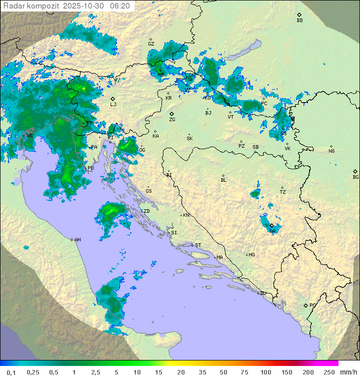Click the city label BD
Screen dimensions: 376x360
click(299, 21)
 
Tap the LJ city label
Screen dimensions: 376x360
click(113, 105)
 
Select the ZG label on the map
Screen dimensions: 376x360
click(172, 120)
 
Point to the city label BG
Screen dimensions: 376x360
click(355, 177)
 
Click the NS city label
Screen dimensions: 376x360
click(331, 151)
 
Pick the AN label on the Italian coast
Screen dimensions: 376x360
click(77, 240)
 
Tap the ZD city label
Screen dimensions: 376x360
click(146, 211)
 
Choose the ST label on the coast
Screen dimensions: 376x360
click(198, 245)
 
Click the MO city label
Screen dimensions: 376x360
click(251, 255)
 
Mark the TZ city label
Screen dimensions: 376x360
click(283, 192)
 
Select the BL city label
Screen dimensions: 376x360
click(223, 180)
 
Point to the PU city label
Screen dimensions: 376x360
click(90, 168)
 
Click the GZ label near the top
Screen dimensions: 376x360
click(151, 44)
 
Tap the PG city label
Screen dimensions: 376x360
click(312, 305)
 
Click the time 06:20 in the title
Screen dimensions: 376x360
click(120, 6)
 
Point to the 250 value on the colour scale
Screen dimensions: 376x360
click(329, 372)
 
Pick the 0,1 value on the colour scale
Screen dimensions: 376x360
click(11, 372)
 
